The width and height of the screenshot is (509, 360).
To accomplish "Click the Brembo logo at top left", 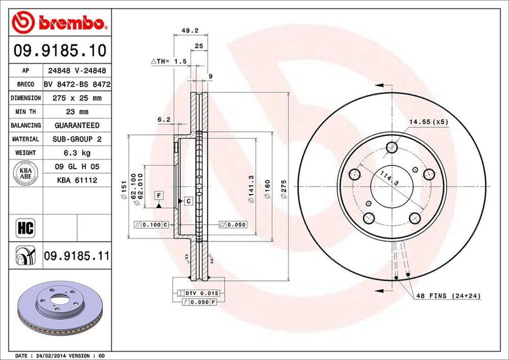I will [x=58, y=22].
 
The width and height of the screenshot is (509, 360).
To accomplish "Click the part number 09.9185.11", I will [x=76, y=256].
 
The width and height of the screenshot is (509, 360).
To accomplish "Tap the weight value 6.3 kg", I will [x=77, y=153].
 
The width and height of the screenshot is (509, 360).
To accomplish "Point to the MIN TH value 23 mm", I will [x=77, y=112].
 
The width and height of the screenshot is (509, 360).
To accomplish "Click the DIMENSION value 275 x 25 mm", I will [x=77, y=98].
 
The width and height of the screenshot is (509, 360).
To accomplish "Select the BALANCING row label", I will [x=26, y=125].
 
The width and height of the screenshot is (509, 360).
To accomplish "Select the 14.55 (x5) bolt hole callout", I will [x=428, y=121].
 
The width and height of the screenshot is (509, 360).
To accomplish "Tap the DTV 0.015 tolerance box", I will [x=201, y=293].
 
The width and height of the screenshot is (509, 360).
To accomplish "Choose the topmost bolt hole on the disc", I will [x=392, y=147].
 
